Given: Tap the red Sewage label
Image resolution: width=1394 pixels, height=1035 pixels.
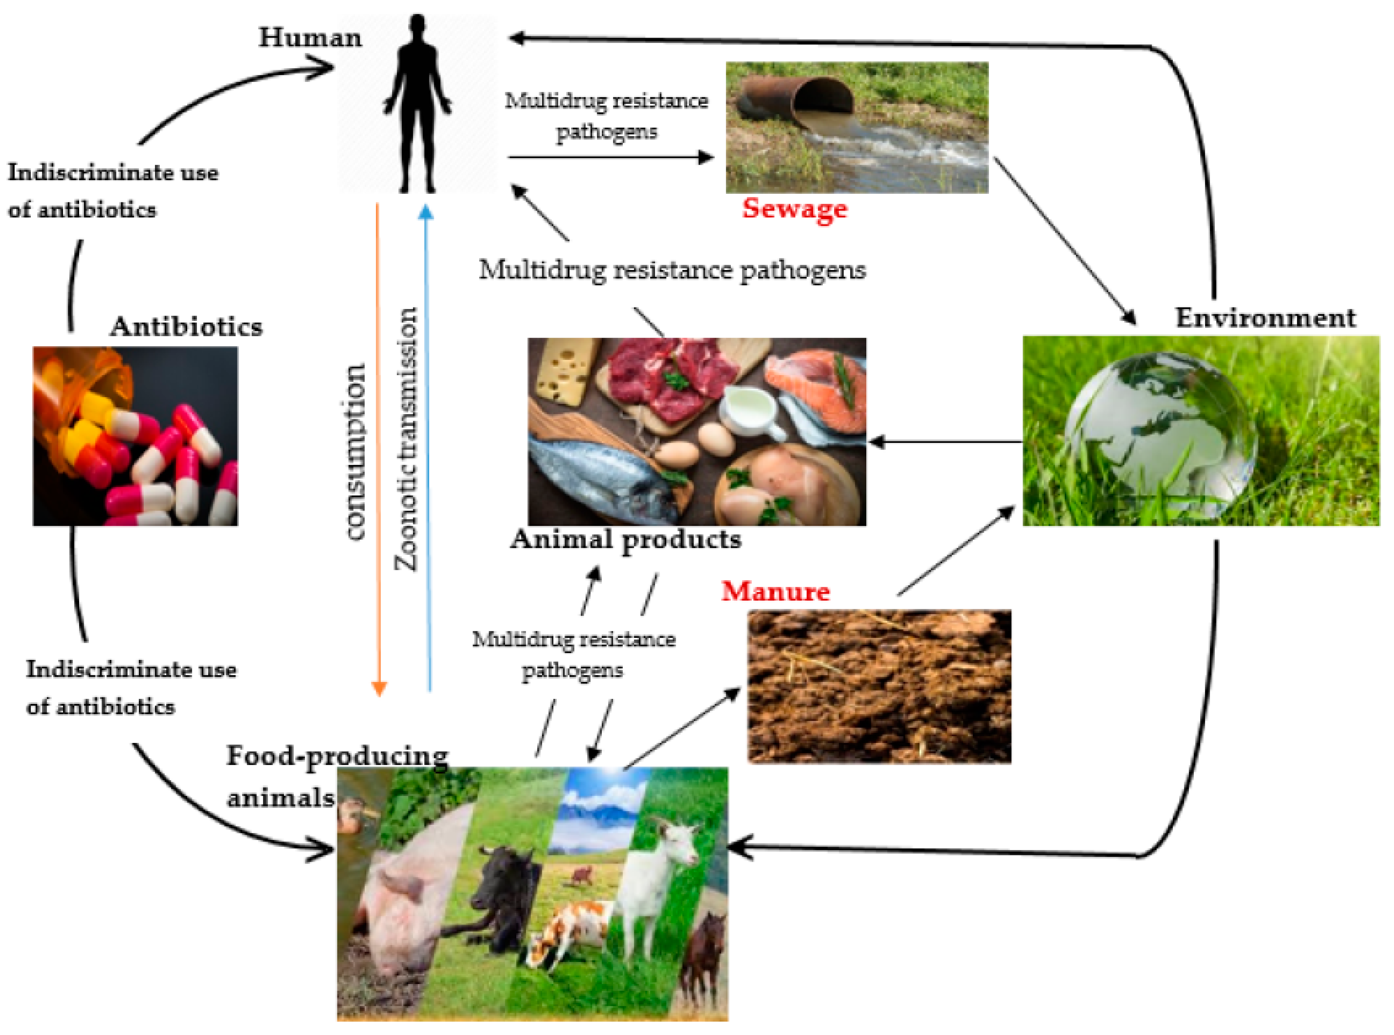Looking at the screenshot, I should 794,208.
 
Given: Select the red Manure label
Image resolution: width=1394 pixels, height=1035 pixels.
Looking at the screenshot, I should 776,591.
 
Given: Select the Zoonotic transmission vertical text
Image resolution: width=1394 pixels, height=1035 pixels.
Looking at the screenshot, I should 406,439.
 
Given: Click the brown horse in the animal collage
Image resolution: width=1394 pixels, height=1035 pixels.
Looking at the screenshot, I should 705,958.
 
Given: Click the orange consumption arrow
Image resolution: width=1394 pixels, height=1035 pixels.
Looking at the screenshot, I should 378,439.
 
